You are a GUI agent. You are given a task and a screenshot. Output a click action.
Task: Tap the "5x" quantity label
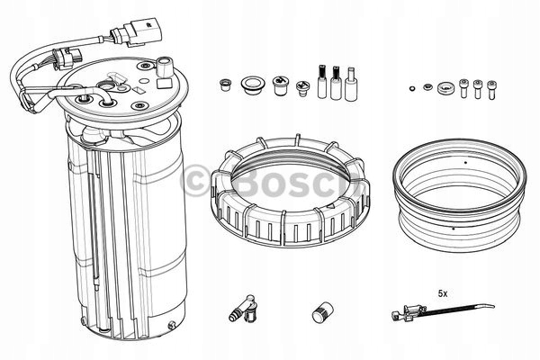click(x=443, y=293)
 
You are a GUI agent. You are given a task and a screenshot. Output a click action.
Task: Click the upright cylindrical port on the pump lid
click(x=165, y=67)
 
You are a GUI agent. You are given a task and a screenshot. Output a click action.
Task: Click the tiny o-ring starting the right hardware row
click(x=412, y=88)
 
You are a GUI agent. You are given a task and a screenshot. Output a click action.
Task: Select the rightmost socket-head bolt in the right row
click(x=493, y=89)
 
